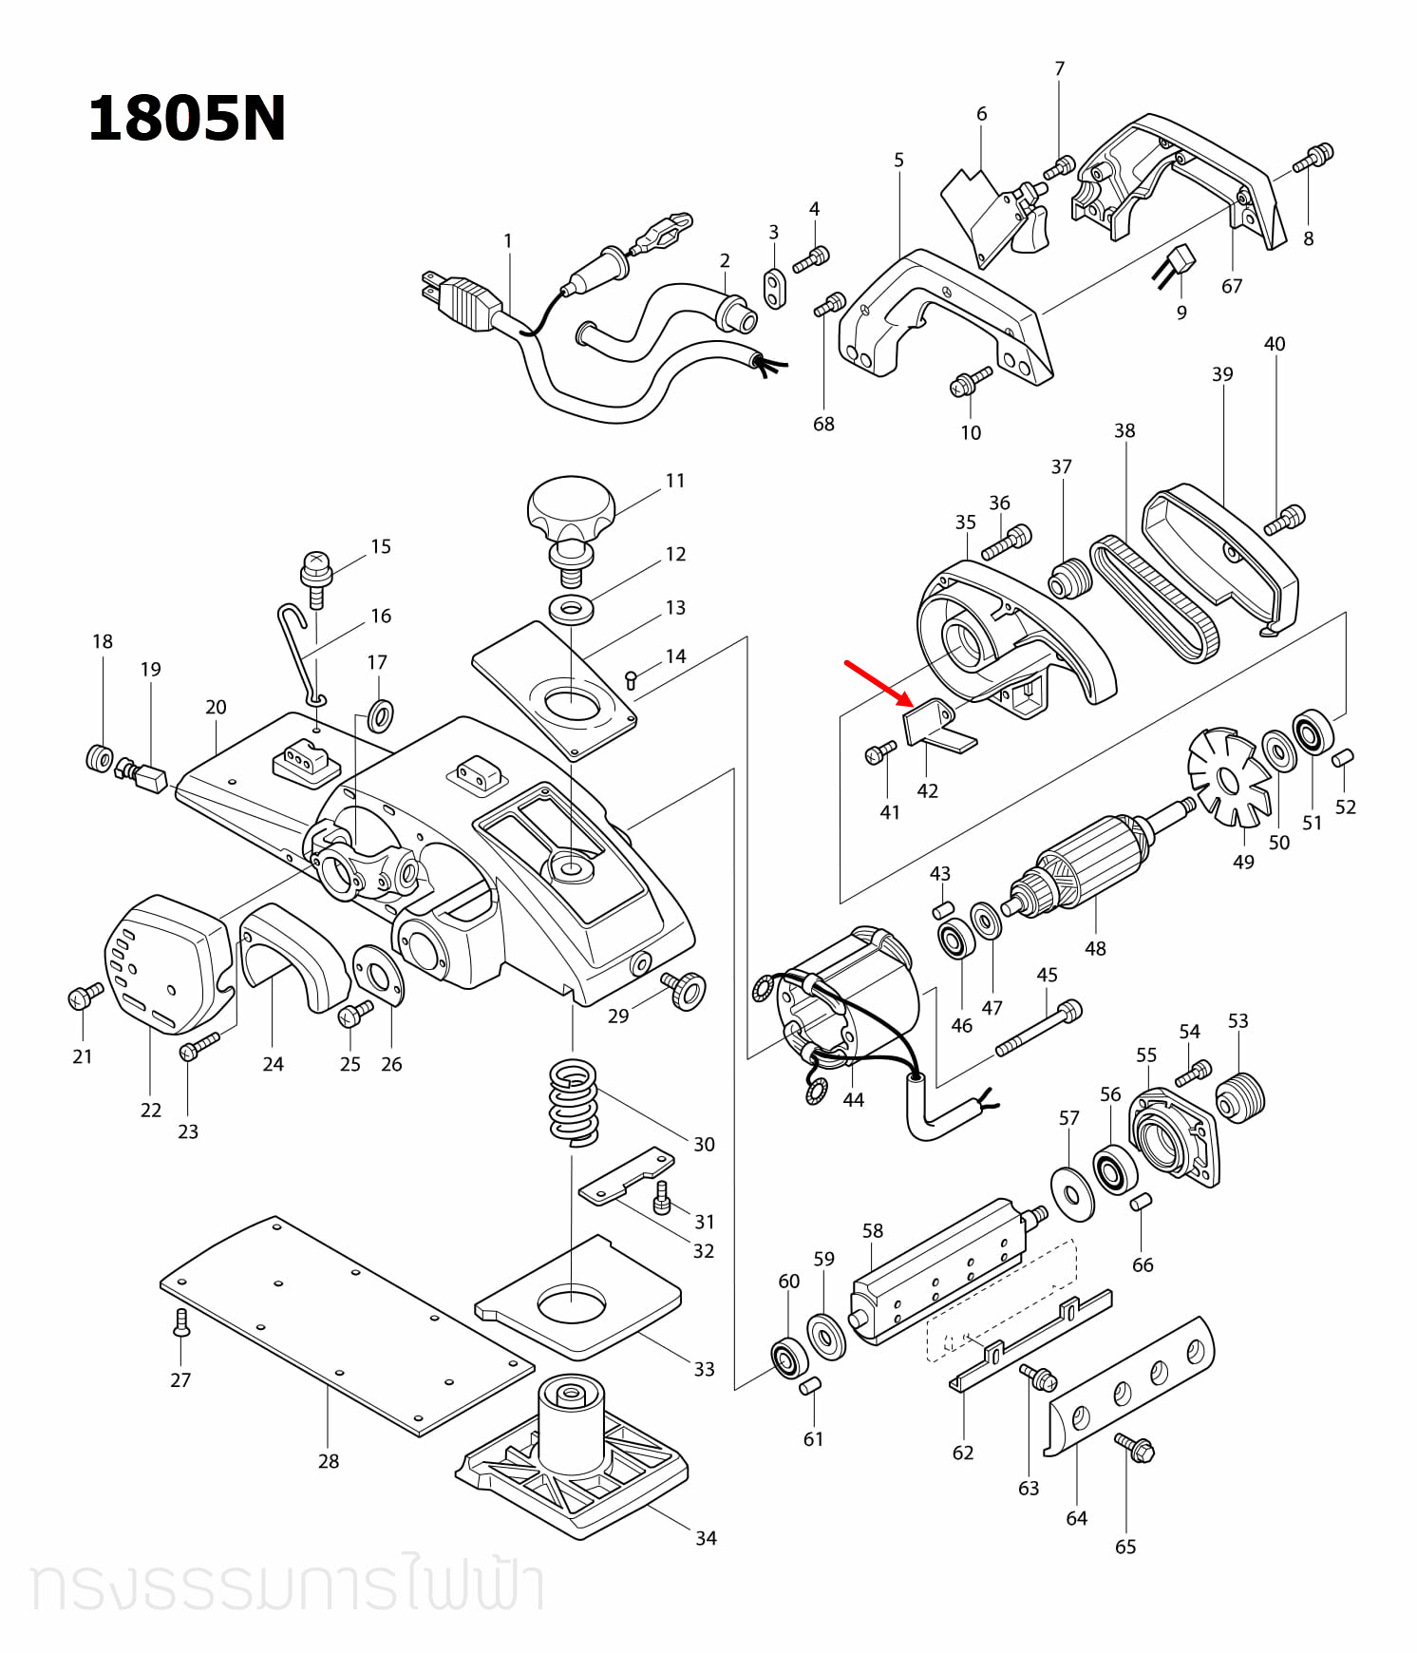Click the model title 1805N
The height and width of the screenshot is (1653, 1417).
tap(186, 120)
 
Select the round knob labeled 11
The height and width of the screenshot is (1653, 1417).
tap(571, 506)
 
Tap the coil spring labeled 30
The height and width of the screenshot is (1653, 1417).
tap(574, 1102)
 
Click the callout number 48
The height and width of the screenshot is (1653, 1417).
tap(1095, 948)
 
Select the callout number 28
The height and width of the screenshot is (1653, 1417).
tap(329, 1461)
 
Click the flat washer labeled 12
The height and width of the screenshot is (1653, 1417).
tap(571, 608)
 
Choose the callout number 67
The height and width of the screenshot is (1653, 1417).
tap(1232, 286)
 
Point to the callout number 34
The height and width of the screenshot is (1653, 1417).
tap(706, 1538)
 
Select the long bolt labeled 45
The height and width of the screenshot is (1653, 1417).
tap(1038, 1030)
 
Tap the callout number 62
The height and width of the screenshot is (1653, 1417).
tap(963, 1453)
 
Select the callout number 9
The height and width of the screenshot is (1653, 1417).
tap(1181, 313)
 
